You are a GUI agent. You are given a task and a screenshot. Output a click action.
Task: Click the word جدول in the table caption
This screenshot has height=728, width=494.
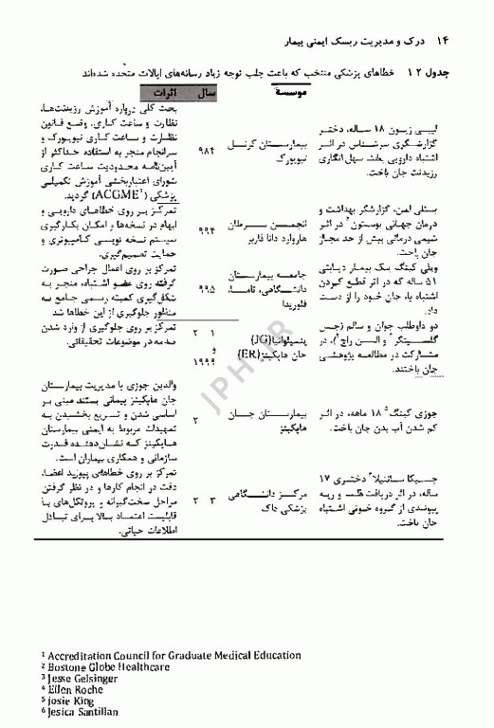point(463,74)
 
